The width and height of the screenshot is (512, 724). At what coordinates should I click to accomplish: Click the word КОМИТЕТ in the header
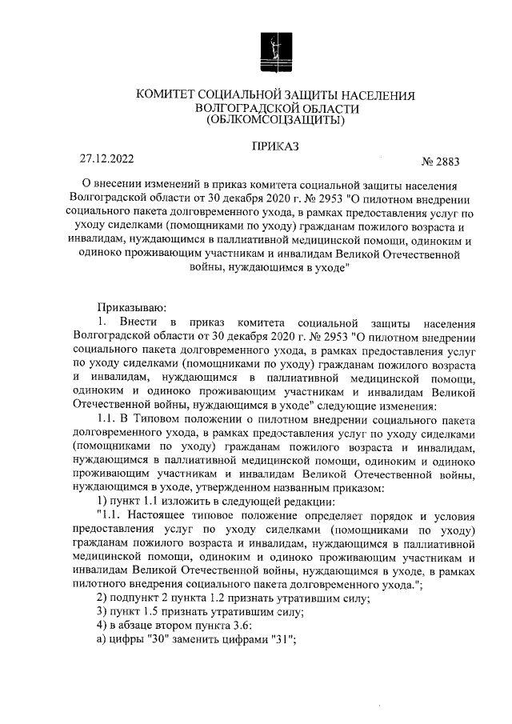[166, 95]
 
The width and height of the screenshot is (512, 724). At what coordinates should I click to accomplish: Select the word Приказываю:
[131, 307]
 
